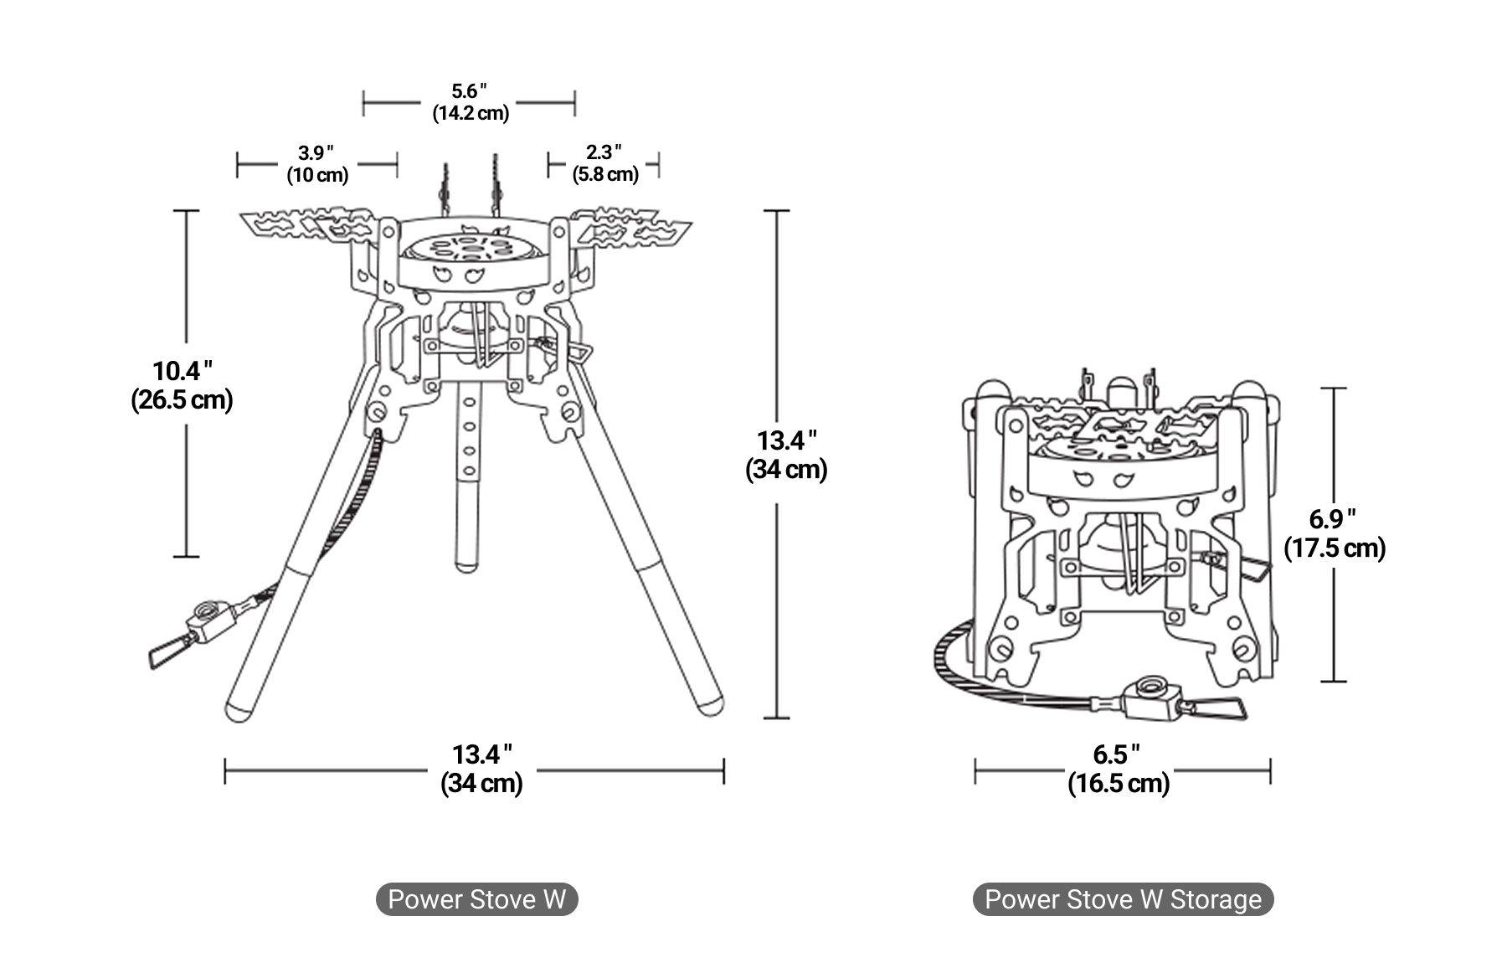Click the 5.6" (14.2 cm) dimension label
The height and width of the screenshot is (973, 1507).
[x=470, y=102]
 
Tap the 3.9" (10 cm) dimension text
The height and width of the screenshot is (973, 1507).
[x=316, y=164]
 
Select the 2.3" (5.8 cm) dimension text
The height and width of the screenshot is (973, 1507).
[x=604, y=163]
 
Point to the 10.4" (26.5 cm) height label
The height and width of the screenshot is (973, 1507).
[x=182, y=384]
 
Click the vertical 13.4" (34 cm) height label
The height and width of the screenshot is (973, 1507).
[x=786, y=455]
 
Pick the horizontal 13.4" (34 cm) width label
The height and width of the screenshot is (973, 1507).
[x=481, y=768]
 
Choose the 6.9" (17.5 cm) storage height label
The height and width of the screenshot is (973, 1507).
[x=1335, y=533]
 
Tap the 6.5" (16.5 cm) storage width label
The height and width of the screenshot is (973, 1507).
[x=1119, y=768]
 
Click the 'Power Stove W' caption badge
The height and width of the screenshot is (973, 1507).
[x=476, y=899]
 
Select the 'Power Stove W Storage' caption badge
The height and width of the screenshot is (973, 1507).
[x=1123, y=899]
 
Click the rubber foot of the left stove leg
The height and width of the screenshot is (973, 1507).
[x=238, y=710]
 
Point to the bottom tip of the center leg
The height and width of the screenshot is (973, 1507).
[x=465, y=565]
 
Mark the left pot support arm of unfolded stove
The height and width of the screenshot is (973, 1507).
[x=306, y=224]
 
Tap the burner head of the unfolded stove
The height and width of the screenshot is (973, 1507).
[x=469, y=249]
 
